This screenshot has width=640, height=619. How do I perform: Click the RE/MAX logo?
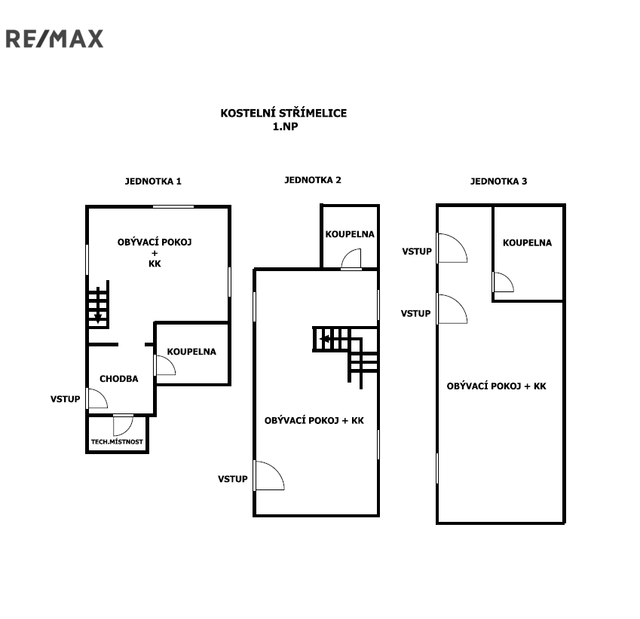coord(54,38)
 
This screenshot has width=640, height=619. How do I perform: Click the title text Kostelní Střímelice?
coord(283,113)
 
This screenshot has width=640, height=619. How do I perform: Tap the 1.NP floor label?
coord(285,127)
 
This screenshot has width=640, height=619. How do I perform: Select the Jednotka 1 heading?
coord(153,181)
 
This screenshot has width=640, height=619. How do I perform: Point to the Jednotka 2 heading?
coord(313,180)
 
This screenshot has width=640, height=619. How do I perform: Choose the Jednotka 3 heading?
coord(499,181)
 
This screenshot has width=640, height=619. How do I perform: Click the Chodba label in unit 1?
coord(119,379)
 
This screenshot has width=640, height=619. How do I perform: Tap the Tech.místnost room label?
coord(117,441)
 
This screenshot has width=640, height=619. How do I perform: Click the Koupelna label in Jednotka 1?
coord(191,352)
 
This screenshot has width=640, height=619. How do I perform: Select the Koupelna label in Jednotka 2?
coord(350,234)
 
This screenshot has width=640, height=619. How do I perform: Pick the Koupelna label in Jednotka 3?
coord(528,242)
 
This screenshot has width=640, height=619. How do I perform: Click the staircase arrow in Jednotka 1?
coord(98,316)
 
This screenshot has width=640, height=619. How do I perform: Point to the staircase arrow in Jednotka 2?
coord(326,339)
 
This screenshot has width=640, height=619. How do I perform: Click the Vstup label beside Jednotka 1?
coord(66,399)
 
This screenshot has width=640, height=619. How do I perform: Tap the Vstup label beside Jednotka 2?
coord(233,479)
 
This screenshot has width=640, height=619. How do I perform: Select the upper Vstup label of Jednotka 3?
coord(417,252)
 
